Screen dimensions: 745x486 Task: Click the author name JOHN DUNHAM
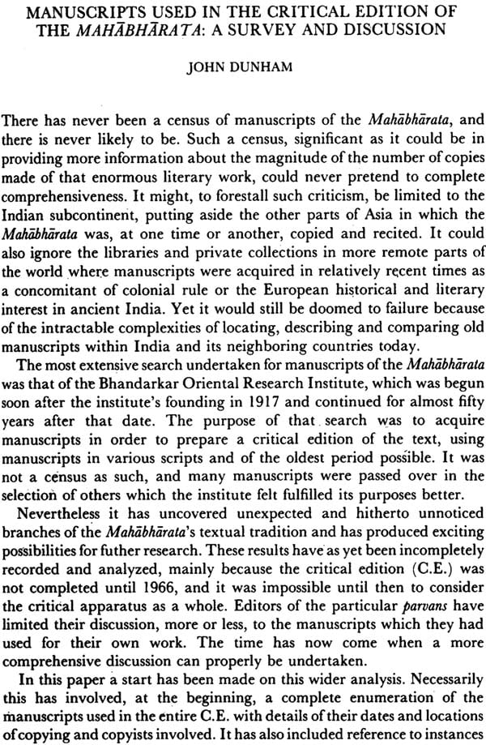(242, 68)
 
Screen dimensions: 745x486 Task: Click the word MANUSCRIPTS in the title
(83, 14)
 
